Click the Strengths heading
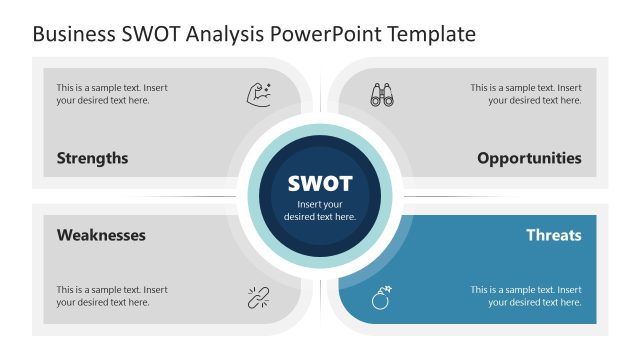[x=92, y=158]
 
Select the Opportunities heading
[x=529, y=158]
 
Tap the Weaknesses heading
[x=101, y=235]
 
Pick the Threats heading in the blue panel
[x=554, y=235]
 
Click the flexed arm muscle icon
[x=259, y=95]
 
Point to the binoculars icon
[x=382, y=95]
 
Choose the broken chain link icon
[x=259, y=296]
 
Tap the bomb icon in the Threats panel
[x=380, y=298]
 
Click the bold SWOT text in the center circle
[x=320, y=184]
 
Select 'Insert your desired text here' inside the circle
[x=320, y=210]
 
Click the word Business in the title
[x=71, y=35]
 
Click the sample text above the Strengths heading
[x=111, y=94]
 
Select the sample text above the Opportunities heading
[x=526, y=94]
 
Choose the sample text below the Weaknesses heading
[x=111, y=296]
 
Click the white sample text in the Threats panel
[x=526, y=296]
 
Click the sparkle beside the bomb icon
[x=388, y=289]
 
